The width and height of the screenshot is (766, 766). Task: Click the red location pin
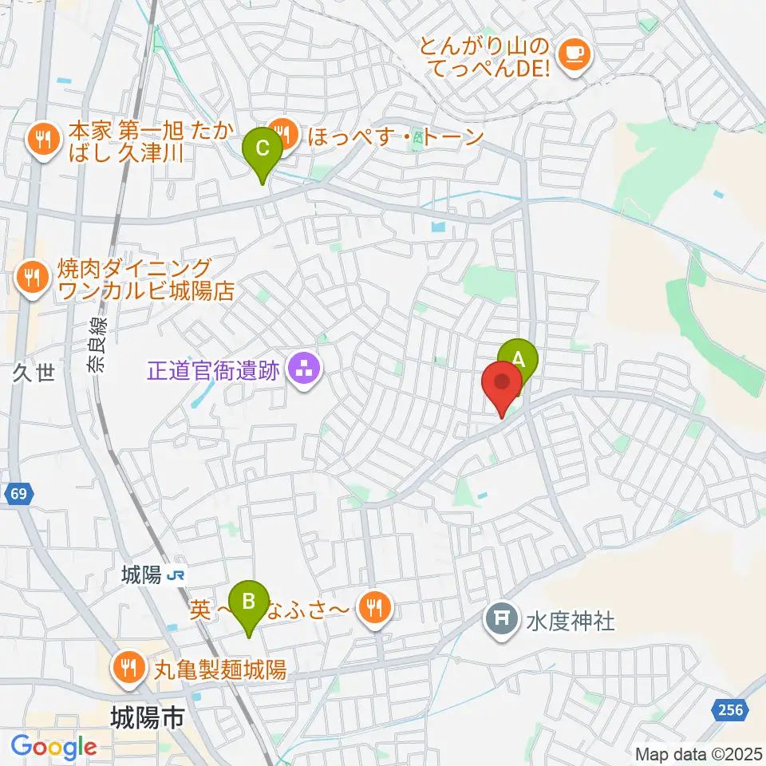[x=503, y=385]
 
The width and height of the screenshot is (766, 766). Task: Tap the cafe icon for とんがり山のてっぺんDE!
[x=573, y=53]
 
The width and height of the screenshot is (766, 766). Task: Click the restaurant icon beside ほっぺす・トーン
[x=281, y=132]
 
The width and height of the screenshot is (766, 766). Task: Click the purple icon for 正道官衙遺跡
[x=303, y=369]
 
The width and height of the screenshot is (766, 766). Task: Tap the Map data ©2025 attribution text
[x=697, y=753]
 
